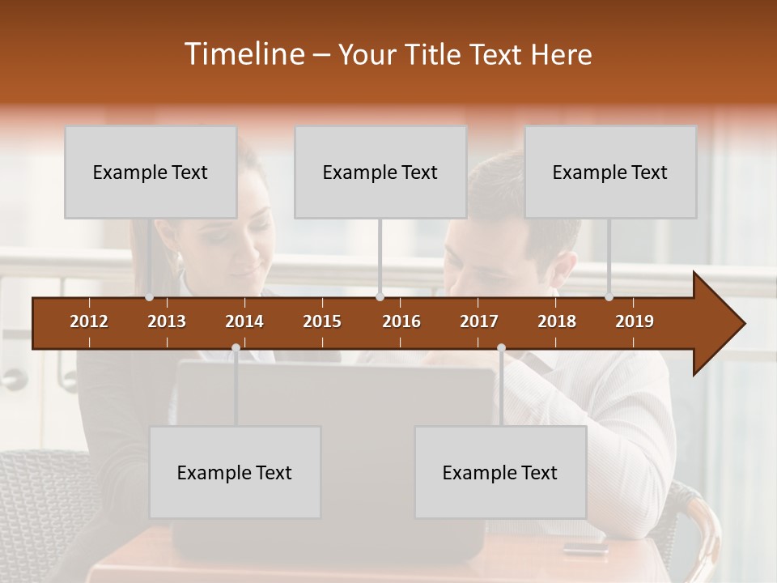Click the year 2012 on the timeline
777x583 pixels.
[x=89, y=321]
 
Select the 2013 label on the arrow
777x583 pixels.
[x=167, y=321]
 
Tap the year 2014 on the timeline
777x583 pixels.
[x=244, y=321]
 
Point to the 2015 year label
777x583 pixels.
[x=322, y=321]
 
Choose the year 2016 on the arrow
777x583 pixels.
[x=401, y=321]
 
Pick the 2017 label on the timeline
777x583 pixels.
[x=479, y=321]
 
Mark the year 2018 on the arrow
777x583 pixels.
[x=557, y=321]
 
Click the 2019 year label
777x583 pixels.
[x=635, y=321]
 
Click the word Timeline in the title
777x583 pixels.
[x=244, y=54]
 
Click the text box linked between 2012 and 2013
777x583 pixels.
[x=151, y=172]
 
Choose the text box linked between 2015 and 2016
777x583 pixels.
[x=380, y=172]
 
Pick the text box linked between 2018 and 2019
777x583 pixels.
[x=610, y=172]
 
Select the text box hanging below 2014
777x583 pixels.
[x=235, y=472]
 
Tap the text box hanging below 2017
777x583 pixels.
[x=500, y=472]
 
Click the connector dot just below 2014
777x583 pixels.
[x=236, y=347]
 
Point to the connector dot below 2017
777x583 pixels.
[x=501, y=347]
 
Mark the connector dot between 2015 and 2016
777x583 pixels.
[x=380, y=297]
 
